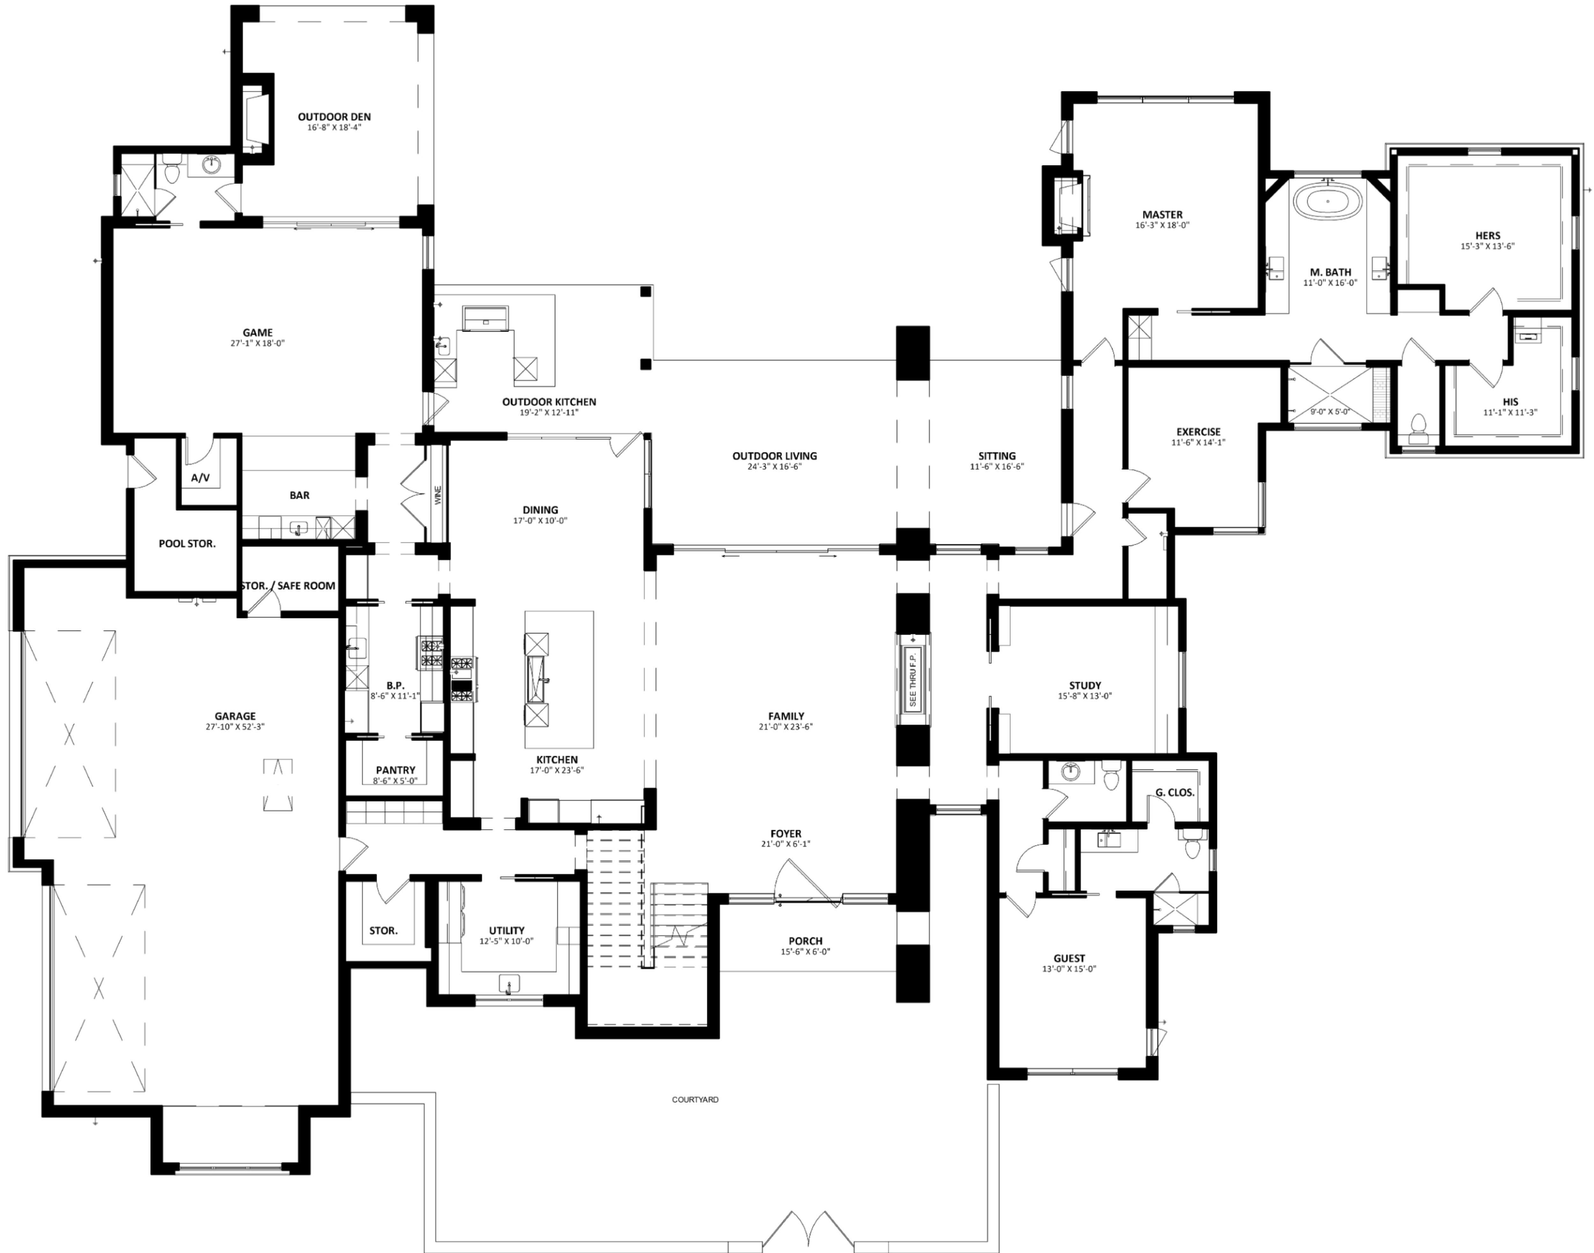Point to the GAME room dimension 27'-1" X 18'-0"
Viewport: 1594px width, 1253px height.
point(257,343)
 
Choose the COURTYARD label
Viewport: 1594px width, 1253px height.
point(695,1100)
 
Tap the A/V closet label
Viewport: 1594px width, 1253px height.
point(200,478)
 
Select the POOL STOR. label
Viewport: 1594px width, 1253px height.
point(187,544)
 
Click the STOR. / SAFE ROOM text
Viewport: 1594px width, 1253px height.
point(288,585)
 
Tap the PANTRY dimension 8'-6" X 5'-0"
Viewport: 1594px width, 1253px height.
point(395,781)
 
